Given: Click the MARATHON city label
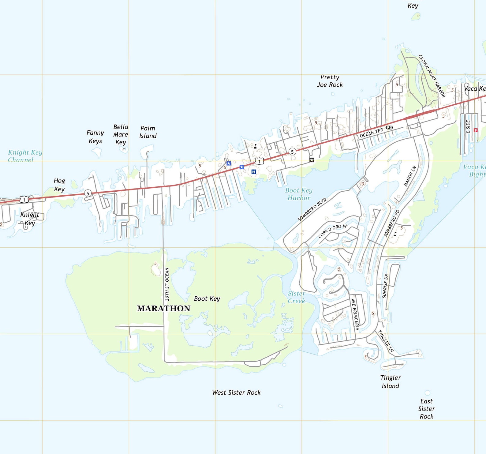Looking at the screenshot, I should click(163, 308).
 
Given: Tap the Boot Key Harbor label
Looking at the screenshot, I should click(299, 194).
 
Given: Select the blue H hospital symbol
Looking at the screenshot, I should click(253, 172).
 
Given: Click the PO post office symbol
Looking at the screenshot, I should click(389, 127).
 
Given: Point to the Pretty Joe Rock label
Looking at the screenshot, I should click(330, 81).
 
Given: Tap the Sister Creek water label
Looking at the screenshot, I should click(296, 297).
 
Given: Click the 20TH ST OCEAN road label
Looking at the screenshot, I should click(167, 284).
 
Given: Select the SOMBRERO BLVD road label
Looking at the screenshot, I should click(312, 209).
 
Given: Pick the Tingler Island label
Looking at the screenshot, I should click(391, 381).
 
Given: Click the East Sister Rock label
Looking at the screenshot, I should click(426, 408).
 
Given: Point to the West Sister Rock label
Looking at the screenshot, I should click(236, 392).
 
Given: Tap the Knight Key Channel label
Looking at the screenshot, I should click(24, 156).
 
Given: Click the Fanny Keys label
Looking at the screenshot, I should click(95, 137).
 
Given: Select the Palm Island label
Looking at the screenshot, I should click(148, 132).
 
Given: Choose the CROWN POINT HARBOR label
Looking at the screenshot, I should click(432, 76).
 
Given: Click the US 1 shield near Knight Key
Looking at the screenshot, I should click(24, 200).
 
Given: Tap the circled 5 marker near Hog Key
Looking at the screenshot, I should click(88, 193).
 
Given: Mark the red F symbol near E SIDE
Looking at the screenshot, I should click(475, 130).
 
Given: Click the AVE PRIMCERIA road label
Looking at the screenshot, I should click(355, 314).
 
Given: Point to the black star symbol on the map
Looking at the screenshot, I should click(312, 160).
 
